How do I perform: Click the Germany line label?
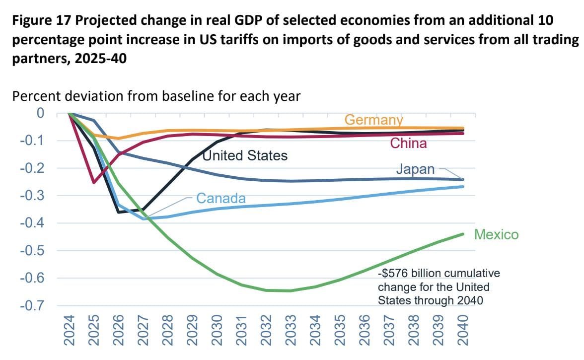[x=373, y=120]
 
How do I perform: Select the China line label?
[x=408, y=144]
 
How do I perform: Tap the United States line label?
[x=245, y=155]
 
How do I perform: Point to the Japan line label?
[x=415, y=169]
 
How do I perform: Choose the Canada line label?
[x=221, y=198]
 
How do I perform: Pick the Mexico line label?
[x=496, y=234]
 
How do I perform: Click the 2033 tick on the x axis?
[x=291, y=330]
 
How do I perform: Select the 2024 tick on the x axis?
[x=69, y=330]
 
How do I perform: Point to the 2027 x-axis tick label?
[x=143, y=330]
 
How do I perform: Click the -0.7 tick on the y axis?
[x=32, y=306]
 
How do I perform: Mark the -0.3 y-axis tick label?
[x=32, y=196]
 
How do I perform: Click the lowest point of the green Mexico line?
[x=290, y=290]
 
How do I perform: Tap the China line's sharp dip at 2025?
[x=94, y=183]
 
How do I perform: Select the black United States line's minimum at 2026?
[x=119, y=212]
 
